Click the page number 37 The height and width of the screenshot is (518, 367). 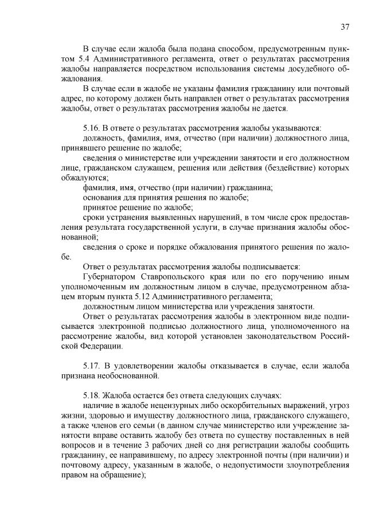(x=345, y=26)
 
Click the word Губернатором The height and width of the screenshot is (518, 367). (x=110, y=276)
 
